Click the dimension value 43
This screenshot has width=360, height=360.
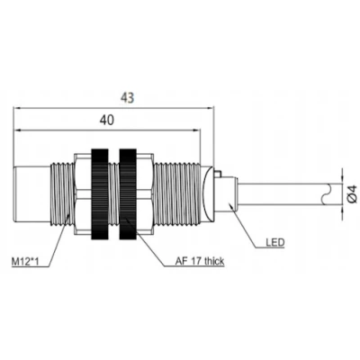coord(127,98)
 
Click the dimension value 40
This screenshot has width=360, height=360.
coord(107,120)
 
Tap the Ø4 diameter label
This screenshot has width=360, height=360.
coord(352,193)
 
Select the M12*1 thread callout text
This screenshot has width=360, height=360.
coord(25,262)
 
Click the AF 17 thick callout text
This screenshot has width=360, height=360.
coord(200,261)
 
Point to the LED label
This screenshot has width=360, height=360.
coord(274,242)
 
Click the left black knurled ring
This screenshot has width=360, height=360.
coord(100,193)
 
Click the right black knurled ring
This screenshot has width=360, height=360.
coord(128,193)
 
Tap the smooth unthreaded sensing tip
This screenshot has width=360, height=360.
coord(31,193)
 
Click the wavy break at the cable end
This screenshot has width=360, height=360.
coord(327,193)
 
